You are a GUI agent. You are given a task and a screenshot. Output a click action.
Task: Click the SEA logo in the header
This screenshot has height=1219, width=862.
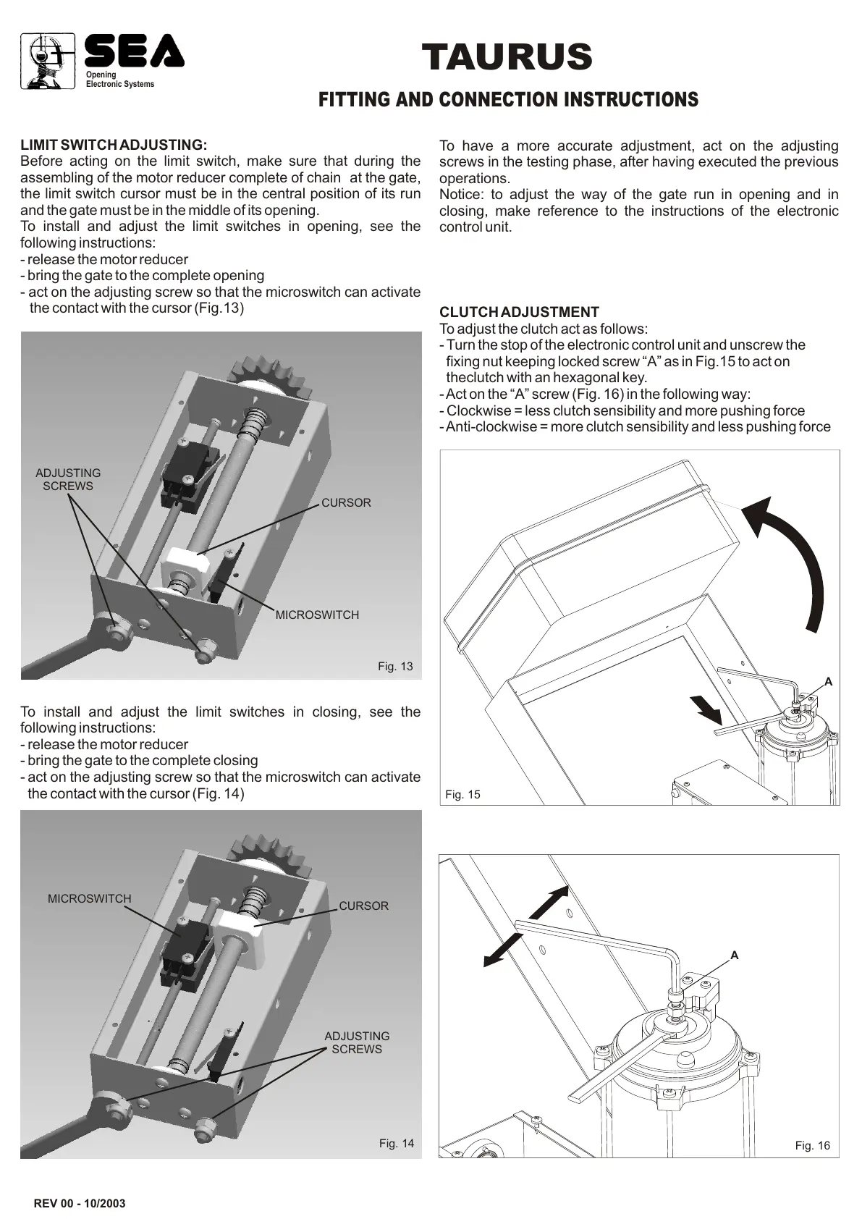134,52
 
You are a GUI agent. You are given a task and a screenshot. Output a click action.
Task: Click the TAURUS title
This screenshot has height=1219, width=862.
507,57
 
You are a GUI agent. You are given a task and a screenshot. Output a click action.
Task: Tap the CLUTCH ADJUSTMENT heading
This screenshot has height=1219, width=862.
519,312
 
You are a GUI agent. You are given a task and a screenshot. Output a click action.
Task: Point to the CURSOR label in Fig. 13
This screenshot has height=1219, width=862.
346,502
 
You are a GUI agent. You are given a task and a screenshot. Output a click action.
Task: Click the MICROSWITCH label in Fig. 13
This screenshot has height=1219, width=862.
317,615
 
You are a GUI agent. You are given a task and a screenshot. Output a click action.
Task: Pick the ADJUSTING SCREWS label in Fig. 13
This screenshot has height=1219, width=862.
68,479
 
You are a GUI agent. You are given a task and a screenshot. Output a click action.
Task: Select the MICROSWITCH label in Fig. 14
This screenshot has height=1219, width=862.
90,898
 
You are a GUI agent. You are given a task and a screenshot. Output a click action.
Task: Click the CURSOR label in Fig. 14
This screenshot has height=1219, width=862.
363,906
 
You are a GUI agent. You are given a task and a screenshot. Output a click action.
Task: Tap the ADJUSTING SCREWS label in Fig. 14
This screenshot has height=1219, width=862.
357,1042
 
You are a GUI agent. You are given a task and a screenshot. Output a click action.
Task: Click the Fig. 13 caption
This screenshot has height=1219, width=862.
395,666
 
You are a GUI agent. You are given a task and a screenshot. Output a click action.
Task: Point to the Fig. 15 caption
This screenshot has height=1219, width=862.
462,794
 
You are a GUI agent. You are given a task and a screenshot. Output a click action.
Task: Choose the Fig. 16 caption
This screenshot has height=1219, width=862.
813,1145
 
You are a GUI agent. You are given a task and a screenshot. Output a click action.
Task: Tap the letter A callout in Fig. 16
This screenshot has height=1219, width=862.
735,956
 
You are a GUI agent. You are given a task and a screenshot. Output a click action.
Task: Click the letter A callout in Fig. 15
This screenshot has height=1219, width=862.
829,681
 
